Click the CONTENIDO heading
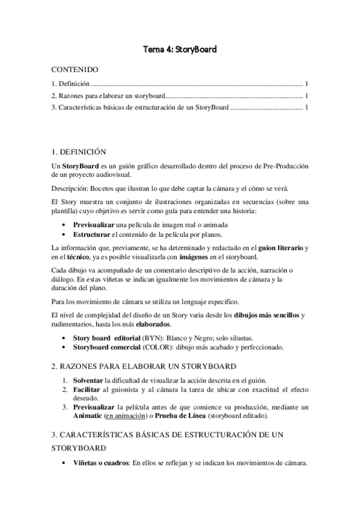[75, 70]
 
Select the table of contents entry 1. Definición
[70, 84]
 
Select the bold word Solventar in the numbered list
[88, 380]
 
